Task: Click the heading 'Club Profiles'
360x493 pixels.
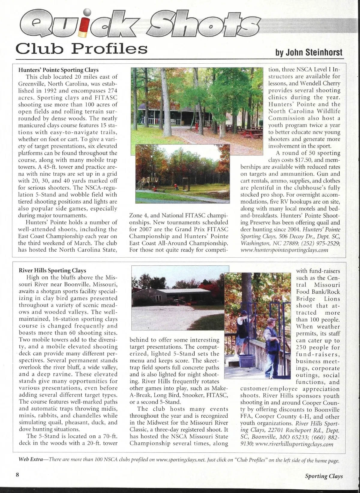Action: tap(82, 48)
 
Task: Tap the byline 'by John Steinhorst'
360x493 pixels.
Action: tap(309, 52)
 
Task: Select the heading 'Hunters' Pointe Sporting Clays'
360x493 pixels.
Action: tap(58, 70)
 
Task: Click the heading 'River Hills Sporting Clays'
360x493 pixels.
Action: tap(52, 271)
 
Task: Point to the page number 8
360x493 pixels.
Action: tap(18, 475)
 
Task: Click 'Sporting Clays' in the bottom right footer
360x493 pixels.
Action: tap(324, 476)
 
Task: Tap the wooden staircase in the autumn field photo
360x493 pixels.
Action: tap(142, 183)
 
